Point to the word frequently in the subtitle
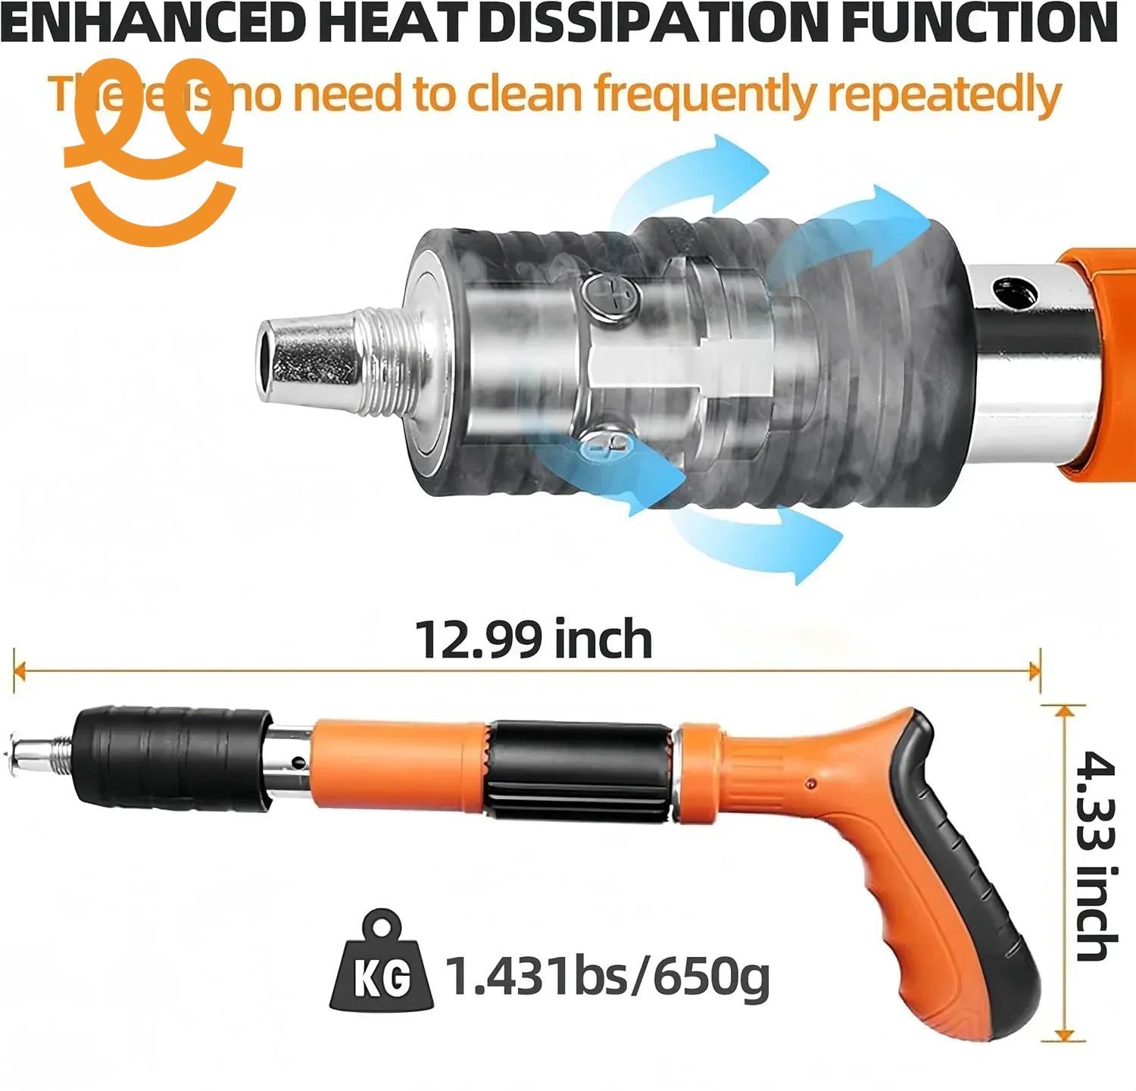pos(704,95)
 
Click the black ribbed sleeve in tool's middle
pos(579,769)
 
